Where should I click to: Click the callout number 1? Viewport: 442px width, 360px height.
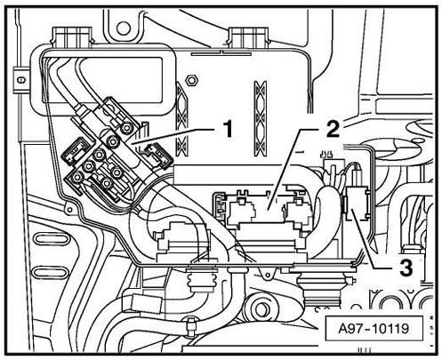pos(228,130)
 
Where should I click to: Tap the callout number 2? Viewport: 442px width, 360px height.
pos(333,130)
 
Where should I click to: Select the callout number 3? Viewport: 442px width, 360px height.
pos(406,268)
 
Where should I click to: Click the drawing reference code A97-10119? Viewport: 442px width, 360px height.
pos(374,328)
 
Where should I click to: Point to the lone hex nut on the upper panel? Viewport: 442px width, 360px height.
pos(191,80)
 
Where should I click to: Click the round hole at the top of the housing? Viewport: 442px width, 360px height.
pos(124,28)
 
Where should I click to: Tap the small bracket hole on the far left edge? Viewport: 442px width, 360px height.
pos(20,79)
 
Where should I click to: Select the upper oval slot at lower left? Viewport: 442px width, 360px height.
pos(52,239)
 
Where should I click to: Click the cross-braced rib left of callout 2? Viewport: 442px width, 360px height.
pos(261,118)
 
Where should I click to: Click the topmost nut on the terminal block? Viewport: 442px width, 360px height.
pos(127,128)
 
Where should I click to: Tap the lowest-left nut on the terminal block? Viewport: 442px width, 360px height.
pos(76,177)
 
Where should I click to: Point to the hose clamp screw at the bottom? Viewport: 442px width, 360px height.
pos(191,325)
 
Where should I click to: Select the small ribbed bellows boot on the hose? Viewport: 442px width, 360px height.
pos(199,281)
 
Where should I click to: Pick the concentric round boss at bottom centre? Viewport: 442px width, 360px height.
pos(260,308)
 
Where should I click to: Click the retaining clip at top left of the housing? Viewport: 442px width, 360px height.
pos(72,37)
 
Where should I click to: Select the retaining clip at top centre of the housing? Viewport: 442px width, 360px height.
pos(249,37)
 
